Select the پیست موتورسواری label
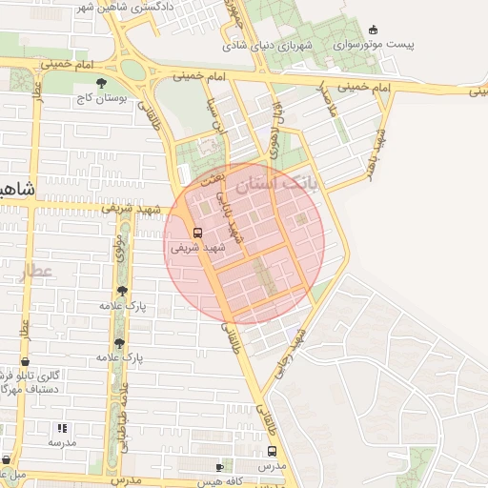coord(376,45)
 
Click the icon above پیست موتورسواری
coord(372,29)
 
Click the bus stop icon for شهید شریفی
coord(197,233)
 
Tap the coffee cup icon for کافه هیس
coord(220,467)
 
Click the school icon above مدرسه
coord(62,429)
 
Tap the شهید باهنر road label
coord(373,152)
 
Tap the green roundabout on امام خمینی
coord(133,69)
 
